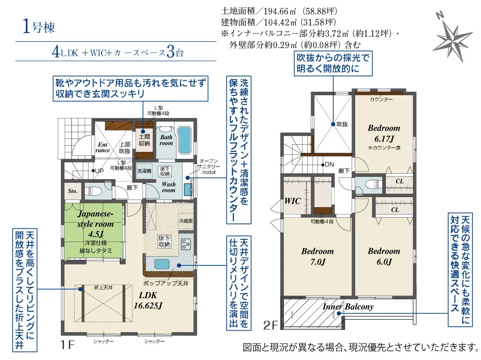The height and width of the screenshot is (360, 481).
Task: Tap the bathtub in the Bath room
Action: [184, 140]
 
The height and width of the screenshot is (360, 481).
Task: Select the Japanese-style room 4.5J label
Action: [95, 224]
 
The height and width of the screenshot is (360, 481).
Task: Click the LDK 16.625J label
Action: [148, 300]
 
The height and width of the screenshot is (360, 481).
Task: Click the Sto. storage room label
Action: [73, 191]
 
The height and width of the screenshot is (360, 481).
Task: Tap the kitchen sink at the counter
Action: [161, 264]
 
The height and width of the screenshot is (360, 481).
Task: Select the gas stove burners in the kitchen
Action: [186, 244]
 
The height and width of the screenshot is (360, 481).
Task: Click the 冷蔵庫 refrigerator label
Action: [185, 221]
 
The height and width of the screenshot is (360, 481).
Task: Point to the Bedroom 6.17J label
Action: [384, 133]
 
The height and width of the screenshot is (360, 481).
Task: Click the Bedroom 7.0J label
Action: [317, 256]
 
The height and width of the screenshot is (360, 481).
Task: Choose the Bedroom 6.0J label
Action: [384, 256]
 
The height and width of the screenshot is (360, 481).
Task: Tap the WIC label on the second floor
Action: [292, 201]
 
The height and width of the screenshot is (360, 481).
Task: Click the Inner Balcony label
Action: [348, 307]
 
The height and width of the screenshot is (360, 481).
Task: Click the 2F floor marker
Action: [270, 325]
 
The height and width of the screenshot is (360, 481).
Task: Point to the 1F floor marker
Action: [67, 345]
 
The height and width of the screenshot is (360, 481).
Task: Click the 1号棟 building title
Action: [38, 27]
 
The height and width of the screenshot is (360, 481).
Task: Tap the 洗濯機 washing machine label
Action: [144, 171]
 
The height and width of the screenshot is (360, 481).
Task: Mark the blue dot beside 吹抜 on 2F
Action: [333, 124]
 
